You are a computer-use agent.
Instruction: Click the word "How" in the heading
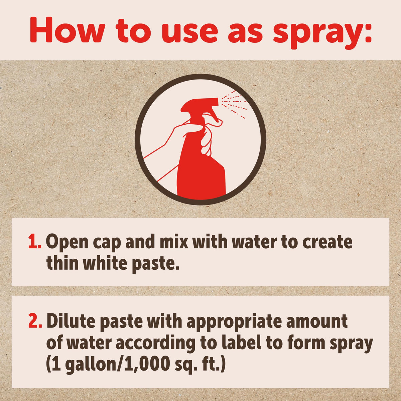click(x=64, y=31)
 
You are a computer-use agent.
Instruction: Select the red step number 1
click(x=34, y=241)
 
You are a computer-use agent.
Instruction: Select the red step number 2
click(x=35, y=322)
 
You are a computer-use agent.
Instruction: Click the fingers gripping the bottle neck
click(x=206, y=141)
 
